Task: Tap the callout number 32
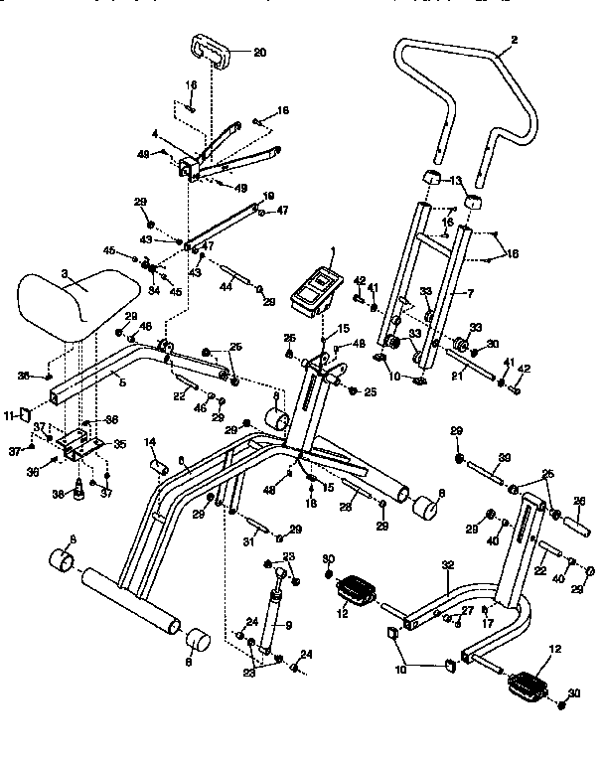[447, 563]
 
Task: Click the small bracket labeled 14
[154, 463]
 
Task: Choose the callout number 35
[120, 444]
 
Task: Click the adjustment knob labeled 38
[73, 493]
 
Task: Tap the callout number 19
[268, 196]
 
